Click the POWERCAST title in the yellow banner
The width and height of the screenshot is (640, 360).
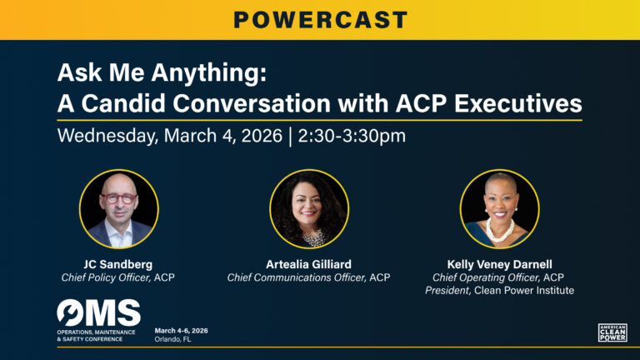320,19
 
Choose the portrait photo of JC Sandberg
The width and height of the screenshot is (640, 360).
118,209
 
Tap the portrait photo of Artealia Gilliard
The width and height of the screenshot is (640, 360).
309,209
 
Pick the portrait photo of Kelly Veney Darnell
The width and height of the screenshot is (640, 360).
499,209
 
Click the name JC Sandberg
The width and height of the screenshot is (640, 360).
118,264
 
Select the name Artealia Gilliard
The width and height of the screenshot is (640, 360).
309,264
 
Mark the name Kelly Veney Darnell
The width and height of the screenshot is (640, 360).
499,264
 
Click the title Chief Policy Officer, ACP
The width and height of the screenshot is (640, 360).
118,277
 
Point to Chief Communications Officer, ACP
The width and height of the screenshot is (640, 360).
309,277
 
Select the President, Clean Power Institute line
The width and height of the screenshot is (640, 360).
499,291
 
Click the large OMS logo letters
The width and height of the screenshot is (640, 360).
99,313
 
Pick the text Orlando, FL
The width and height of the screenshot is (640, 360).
172,339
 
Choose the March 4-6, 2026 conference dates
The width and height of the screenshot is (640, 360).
182,330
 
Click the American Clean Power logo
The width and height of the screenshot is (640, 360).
612,332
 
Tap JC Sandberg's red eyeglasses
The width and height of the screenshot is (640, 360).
118,200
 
